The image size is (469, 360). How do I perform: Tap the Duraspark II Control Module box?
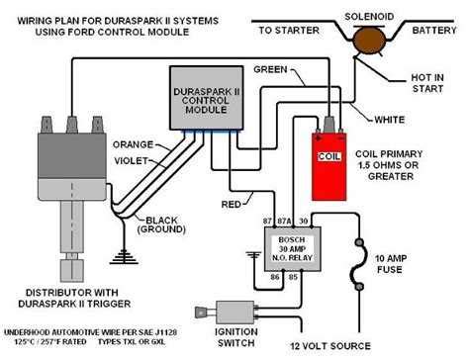coord(209,98)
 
